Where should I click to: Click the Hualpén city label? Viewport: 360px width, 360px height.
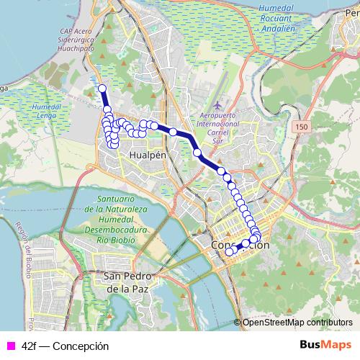coord(148,155)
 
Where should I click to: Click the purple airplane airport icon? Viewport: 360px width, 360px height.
coord(219,96)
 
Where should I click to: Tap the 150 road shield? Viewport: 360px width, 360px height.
coord(301,127)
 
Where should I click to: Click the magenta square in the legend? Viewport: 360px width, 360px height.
coord(9,346)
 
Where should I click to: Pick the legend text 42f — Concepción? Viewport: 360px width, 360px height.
coord(66,346)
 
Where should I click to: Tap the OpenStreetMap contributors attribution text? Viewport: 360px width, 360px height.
coord(297,323)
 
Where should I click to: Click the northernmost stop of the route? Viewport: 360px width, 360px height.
coord(102,89)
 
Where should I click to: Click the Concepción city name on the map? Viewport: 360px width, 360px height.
coord(240,246)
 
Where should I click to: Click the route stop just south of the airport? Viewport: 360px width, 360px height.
coord(197,153)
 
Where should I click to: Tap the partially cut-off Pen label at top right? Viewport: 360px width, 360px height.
coord(352,12)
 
